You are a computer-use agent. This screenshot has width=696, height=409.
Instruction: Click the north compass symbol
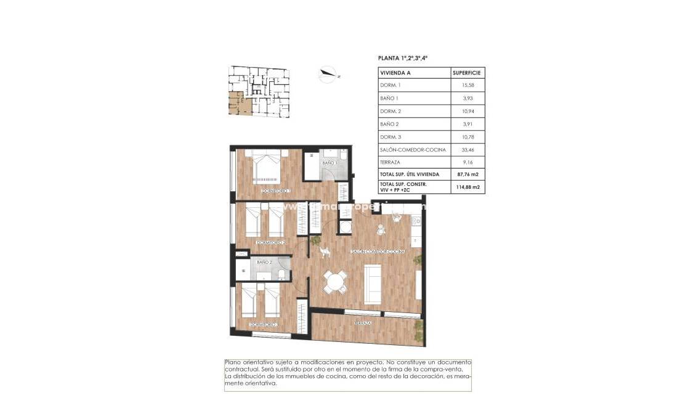(328, 75)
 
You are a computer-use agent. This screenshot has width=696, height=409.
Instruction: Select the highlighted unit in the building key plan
(238, 105)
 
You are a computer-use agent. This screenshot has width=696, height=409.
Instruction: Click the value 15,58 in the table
(467, 85)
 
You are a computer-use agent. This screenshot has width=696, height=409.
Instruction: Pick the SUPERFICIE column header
(467, 72)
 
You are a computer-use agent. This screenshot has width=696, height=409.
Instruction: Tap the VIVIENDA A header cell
(395, 72)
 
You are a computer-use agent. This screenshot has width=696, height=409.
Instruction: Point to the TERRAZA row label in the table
(390, 162)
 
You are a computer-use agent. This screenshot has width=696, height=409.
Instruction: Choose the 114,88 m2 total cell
(467, 187)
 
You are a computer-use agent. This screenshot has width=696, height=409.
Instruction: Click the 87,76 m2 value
(467, 175)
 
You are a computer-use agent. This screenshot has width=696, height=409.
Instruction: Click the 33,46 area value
(467, 149)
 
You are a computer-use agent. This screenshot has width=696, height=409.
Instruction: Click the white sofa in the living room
(372, 284)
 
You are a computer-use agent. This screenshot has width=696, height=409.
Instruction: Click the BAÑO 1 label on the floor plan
(328, 163)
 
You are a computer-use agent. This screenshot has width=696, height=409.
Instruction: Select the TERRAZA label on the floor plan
(363, 323)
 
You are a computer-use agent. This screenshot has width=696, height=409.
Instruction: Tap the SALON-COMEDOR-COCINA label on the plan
(378, 252)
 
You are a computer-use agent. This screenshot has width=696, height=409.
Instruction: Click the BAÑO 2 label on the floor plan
(264, 263)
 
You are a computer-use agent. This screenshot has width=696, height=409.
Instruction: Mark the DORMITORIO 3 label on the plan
(264, 325)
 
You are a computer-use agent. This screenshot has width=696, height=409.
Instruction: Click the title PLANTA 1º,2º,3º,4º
(402, 58)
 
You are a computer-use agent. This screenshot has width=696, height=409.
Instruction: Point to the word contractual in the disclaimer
(243, 369)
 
